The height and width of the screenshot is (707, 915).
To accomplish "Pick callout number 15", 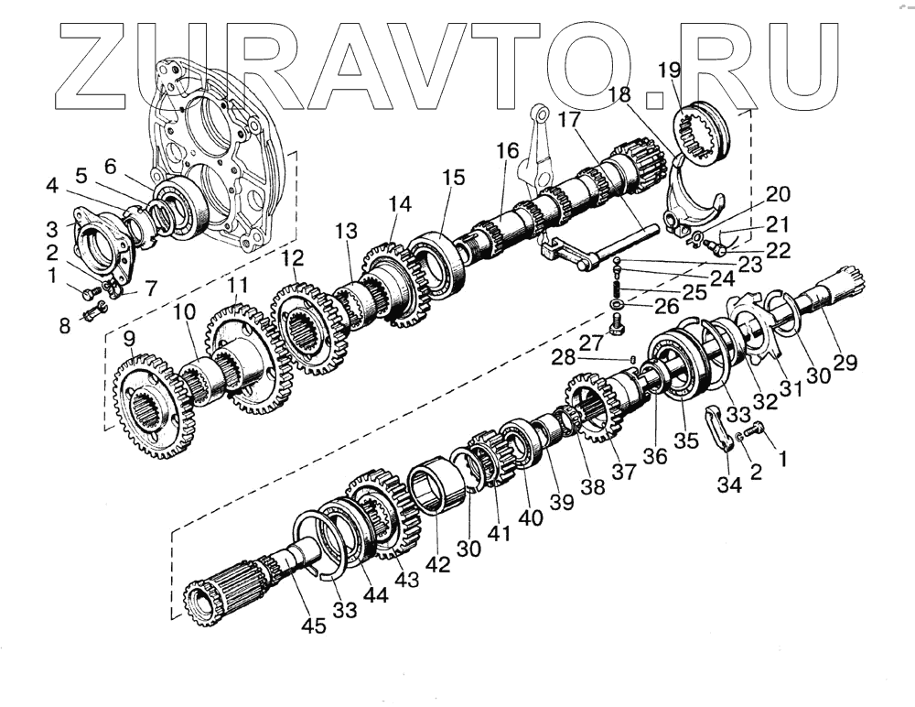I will coord(454,177).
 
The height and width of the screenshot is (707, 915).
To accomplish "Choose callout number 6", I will coord(110,166).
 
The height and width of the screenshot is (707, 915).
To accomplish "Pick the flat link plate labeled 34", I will coord(721,429).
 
